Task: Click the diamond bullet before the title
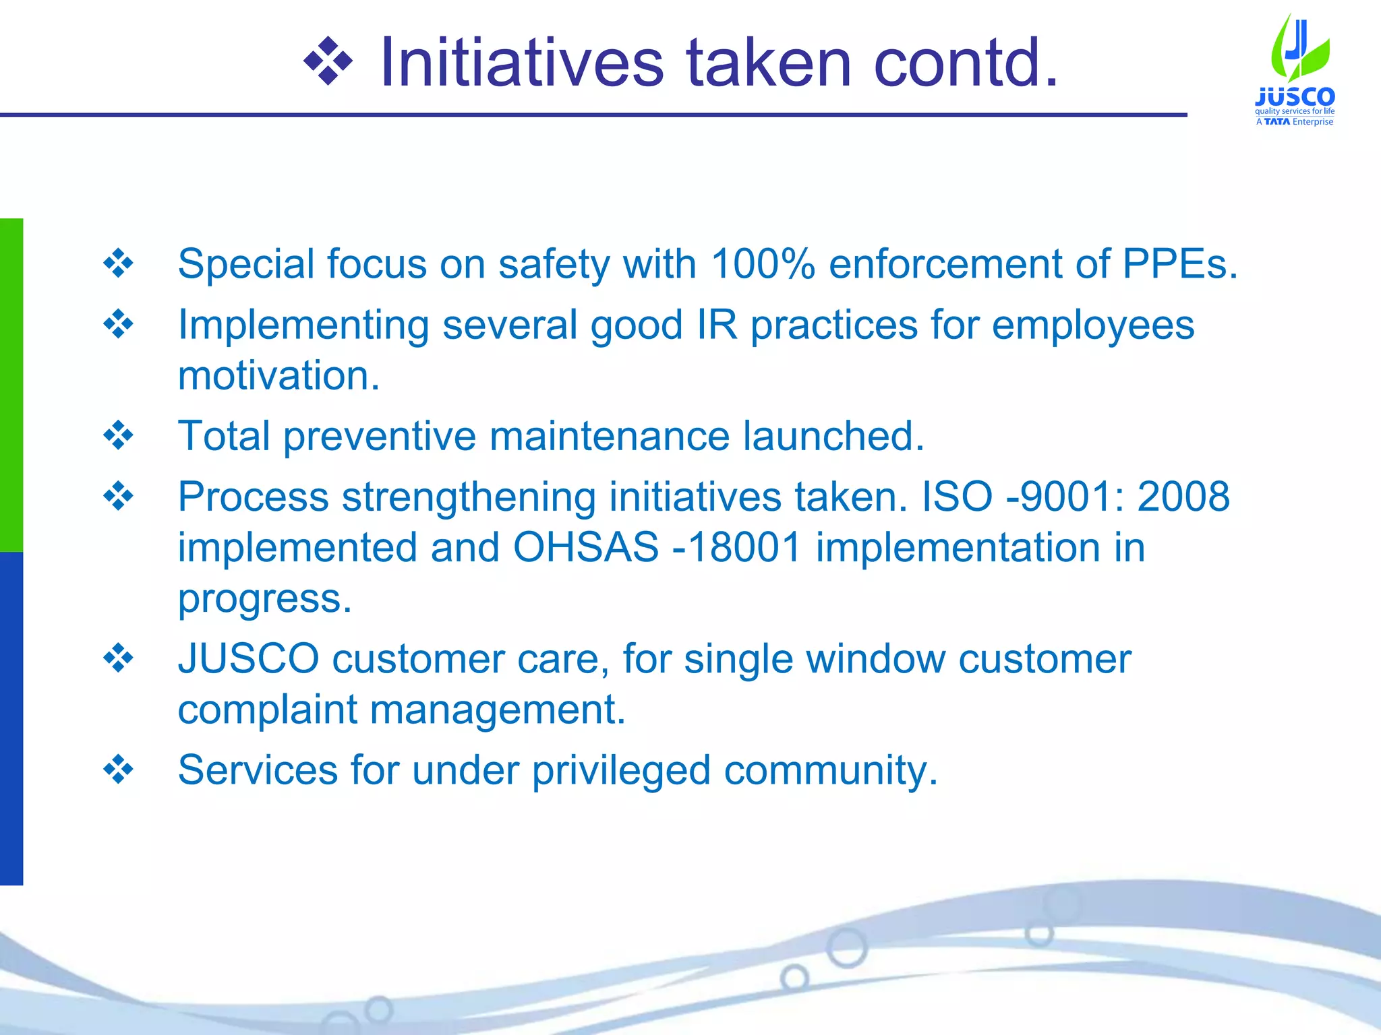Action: click(328, 63)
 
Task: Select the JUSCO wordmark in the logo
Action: click(1295, 97)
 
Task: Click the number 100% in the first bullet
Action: click(763, 263)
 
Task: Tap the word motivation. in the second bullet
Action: click(278, 375)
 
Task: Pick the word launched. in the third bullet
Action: click(833, 436)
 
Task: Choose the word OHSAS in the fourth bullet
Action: click(585, 547)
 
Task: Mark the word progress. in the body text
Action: click(264, 598)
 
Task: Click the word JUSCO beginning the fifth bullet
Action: click(248, 658)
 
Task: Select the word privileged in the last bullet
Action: click(621, 770)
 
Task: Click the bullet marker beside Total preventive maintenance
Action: click(119, 436)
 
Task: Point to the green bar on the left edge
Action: click(11, 384)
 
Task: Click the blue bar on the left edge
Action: click(11, 718)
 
